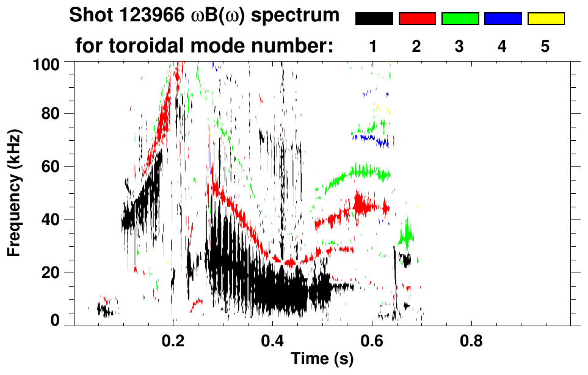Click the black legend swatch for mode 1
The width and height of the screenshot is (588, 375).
[x=374, y=19]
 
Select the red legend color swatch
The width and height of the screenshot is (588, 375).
[x=417, y=19]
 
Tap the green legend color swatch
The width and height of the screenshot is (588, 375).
[x=460, y=19]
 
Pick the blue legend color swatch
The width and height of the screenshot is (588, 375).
[x=503, y=19]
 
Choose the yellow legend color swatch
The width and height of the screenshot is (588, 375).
[x=545, y=19]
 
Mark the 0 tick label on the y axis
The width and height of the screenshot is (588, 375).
[x=55, y=321]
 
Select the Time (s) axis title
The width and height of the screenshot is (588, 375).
[x=322, y=359]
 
